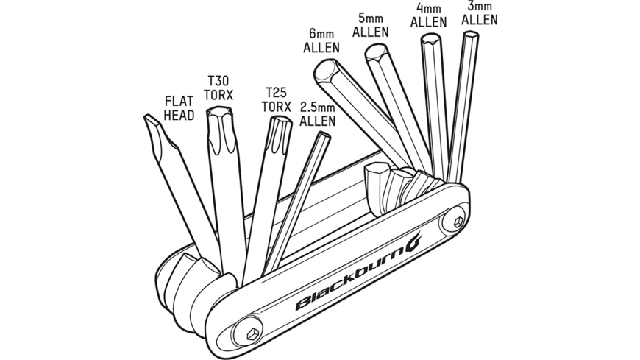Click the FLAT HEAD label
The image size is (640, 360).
point(179,107)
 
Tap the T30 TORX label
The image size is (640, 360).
point(219,87)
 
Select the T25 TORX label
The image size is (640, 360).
point(277,100)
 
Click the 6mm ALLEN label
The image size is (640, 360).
point(321,41)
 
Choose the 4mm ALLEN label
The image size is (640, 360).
point(428,15)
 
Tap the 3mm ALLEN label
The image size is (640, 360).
point(479,13)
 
